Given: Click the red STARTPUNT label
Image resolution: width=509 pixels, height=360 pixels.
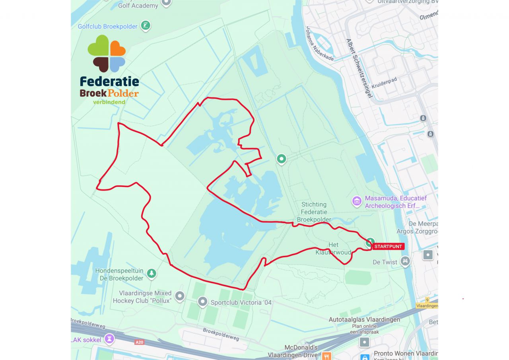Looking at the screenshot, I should (x=388, y=247).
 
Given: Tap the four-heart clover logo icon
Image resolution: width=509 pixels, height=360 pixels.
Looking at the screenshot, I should (x=107, y=54).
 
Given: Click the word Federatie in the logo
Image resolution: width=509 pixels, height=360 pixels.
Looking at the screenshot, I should (x=109, y=82).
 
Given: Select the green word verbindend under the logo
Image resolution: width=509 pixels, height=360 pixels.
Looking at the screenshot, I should (x=109, y=102).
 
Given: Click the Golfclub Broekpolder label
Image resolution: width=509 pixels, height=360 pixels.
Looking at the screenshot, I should (x=107, y=27).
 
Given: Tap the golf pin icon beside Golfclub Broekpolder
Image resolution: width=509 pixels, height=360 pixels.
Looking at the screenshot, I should (x=146, y=26).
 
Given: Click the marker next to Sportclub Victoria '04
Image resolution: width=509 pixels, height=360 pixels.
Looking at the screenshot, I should (x=202, y=302).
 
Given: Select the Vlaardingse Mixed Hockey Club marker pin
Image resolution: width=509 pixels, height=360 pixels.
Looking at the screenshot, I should (x=180, y=296).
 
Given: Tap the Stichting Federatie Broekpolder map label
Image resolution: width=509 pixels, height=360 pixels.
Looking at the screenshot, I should (x=314, y=212).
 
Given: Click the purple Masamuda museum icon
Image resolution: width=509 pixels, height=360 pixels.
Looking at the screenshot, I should (x=357, y=201).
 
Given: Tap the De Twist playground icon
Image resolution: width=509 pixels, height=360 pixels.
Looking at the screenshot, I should (x=405, y=261).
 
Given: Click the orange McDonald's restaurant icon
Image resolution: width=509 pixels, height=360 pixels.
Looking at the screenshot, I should (x=327, y=356).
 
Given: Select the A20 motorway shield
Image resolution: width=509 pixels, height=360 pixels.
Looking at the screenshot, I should (x=139, y=342).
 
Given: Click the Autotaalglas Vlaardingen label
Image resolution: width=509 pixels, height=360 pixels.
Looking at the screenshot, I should (x=364, y=319).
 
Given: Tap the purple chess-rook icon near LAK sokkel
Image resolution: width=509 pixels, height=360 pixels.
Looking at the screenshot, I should (x=109, y=339).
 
